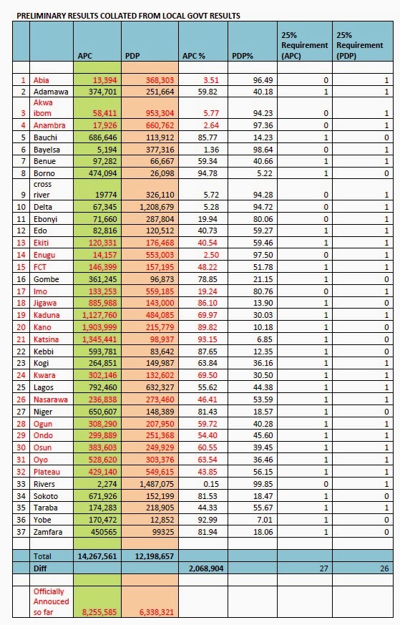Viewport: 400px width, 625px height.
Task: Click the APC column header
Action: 85,56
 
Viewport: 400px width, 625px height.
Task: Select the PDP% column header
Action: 243,56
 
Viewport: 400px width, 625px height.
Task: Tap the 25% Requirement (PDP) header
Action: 360,45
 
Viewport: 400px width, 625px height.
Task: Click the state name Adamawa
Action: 51,92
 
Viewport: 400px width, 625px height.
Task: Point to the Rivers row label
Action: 44,484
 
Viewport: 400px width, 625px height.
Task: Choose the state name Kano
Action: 42,327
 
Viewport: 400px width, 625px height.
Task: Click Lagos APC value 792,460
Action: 103,387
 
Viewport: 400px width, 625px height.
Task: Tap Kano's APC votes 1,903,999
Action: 99,327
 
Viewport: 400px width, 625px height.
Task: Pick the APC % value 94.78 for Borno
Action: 208,173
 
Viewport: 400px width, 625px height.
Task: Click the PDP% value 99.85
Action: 263,484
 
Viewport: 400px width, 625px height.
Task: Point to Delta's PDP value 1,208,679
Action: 157,207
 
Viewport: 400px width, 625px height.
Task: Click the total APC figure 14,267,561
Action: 97,556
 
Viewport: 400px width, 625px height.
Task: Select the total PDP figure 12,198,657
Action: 155,556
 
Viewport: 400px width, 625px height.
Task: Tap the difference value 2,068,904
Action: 206,568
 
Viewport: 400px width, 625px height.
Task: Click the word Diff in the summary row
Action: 40,568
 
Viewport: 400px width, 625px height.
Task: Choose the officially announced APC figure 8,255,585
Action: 99,612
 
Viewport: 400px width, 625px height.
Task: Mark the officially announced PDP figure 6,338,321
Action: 157,612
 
